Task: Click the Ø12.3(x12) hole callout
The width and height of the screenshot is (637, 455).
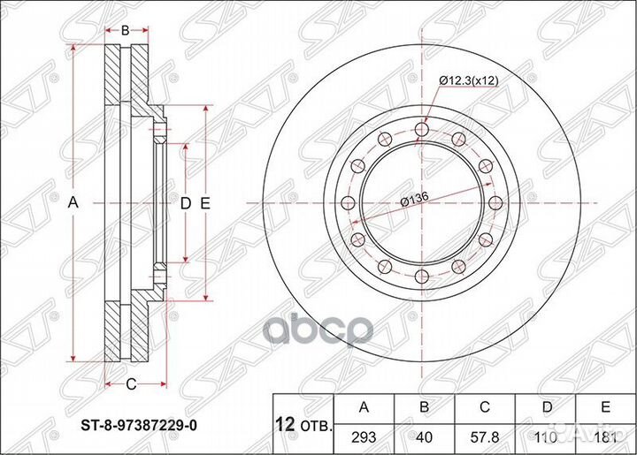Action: [x=473, y=80]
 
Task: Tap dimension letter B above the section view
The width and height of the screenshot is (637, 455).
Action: [x=125, y=30]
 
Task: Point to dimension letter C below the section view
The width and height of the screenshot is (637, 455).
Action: [x=130, y=383]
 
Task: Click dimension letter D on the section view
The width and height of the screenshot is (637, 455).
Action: [x=186, y=204]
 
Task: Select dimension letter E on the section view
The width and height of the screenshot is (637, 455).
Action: [x=205, y=204]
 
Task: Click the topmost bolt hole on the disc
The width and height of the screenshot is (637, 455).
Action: [x=422, y=130]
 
